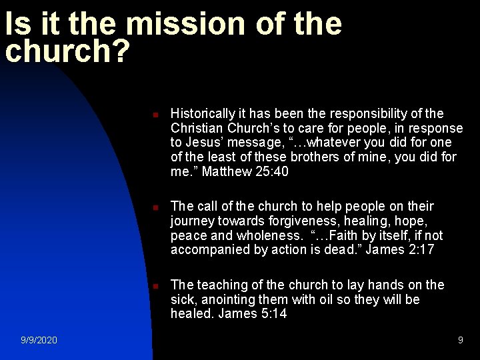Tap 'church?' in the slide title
67,52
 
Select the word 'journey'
193,221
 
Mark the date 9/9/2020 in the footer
39,340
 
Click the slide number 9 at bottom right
460,340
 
